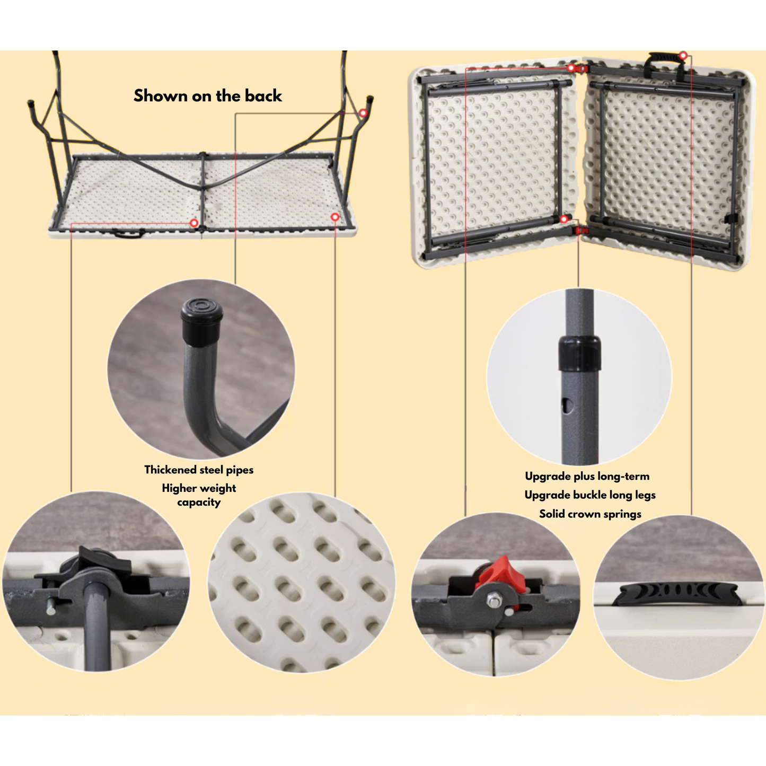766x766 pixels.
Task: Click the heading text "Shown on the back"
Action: tap(207, 96)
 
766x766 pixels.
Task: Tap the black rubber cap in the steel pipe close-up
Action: tap(201, 321)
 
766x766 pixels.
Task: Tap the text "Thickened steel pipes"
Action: tap(199, 470)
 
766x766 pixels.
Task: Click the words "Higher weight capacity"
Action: tap(199, 495)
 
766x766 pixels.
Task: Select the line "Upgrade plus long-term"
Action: tap(587, 476)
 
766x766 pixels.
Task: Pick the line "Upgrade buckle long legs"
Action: tap(590, 495)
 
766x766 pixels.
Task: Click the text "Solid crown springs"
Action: tap(590, 514)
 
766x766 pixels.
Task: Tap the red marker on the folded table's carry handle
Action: tap(683, 56)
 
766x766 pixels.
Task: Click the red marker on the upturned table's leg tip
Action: tap(363, 113)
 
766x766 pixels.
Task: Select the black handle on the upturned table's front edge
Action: tap(128, 233)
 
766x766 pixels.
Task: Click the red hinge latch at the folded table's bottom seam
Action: tap(582, 230)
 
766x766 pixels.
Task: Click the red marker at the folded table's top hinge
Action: tap(571, 68)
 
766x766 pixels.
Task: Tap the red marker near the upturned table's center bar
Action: tap(194, 223)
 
